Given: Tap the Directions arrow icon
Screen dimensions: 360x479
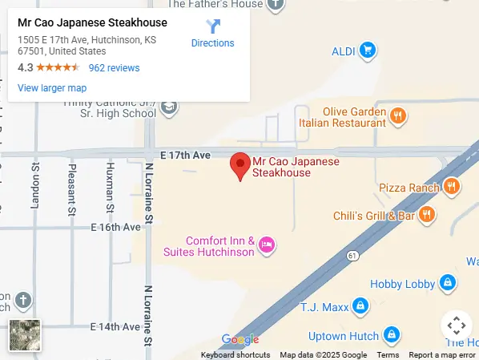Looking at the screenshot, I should point(213,27).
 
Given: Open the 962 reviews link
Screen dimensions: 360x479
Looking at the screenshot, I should point(114,68).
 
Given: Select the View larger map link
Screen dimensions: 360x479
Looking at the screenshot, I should point(52,88).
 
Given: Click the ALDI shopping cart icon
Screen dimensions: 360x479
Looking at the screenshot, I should point(368,51).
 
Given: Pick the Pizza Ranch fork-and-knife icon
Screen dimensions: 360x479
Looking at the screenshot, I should point(453,187).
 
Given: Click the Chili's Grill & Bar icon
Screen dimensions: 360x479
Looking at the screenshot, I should point(427,215).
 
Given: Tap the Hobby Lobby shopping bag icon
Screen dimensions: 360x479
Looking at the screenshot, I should point(448,283).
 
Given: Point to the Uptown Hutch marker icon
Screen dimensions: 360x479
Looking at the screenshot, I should point(391,334).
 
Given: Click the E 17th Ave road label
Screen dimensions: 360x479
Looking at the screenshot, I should point(185,154).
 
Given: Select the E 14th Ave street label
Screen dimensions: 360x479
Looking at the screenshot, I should point(115,327).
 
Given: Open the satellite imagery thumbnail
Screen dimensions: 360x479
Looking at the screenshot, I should point(25,334).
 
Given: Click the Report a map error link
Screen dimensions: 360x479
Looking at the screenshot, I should point(442,355).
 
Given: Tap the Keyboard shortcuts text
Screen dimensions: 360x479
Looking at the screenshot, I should point(235,355).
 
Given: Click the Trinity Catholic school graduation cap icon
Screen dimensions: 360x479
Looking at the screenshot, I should point(169,107).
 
